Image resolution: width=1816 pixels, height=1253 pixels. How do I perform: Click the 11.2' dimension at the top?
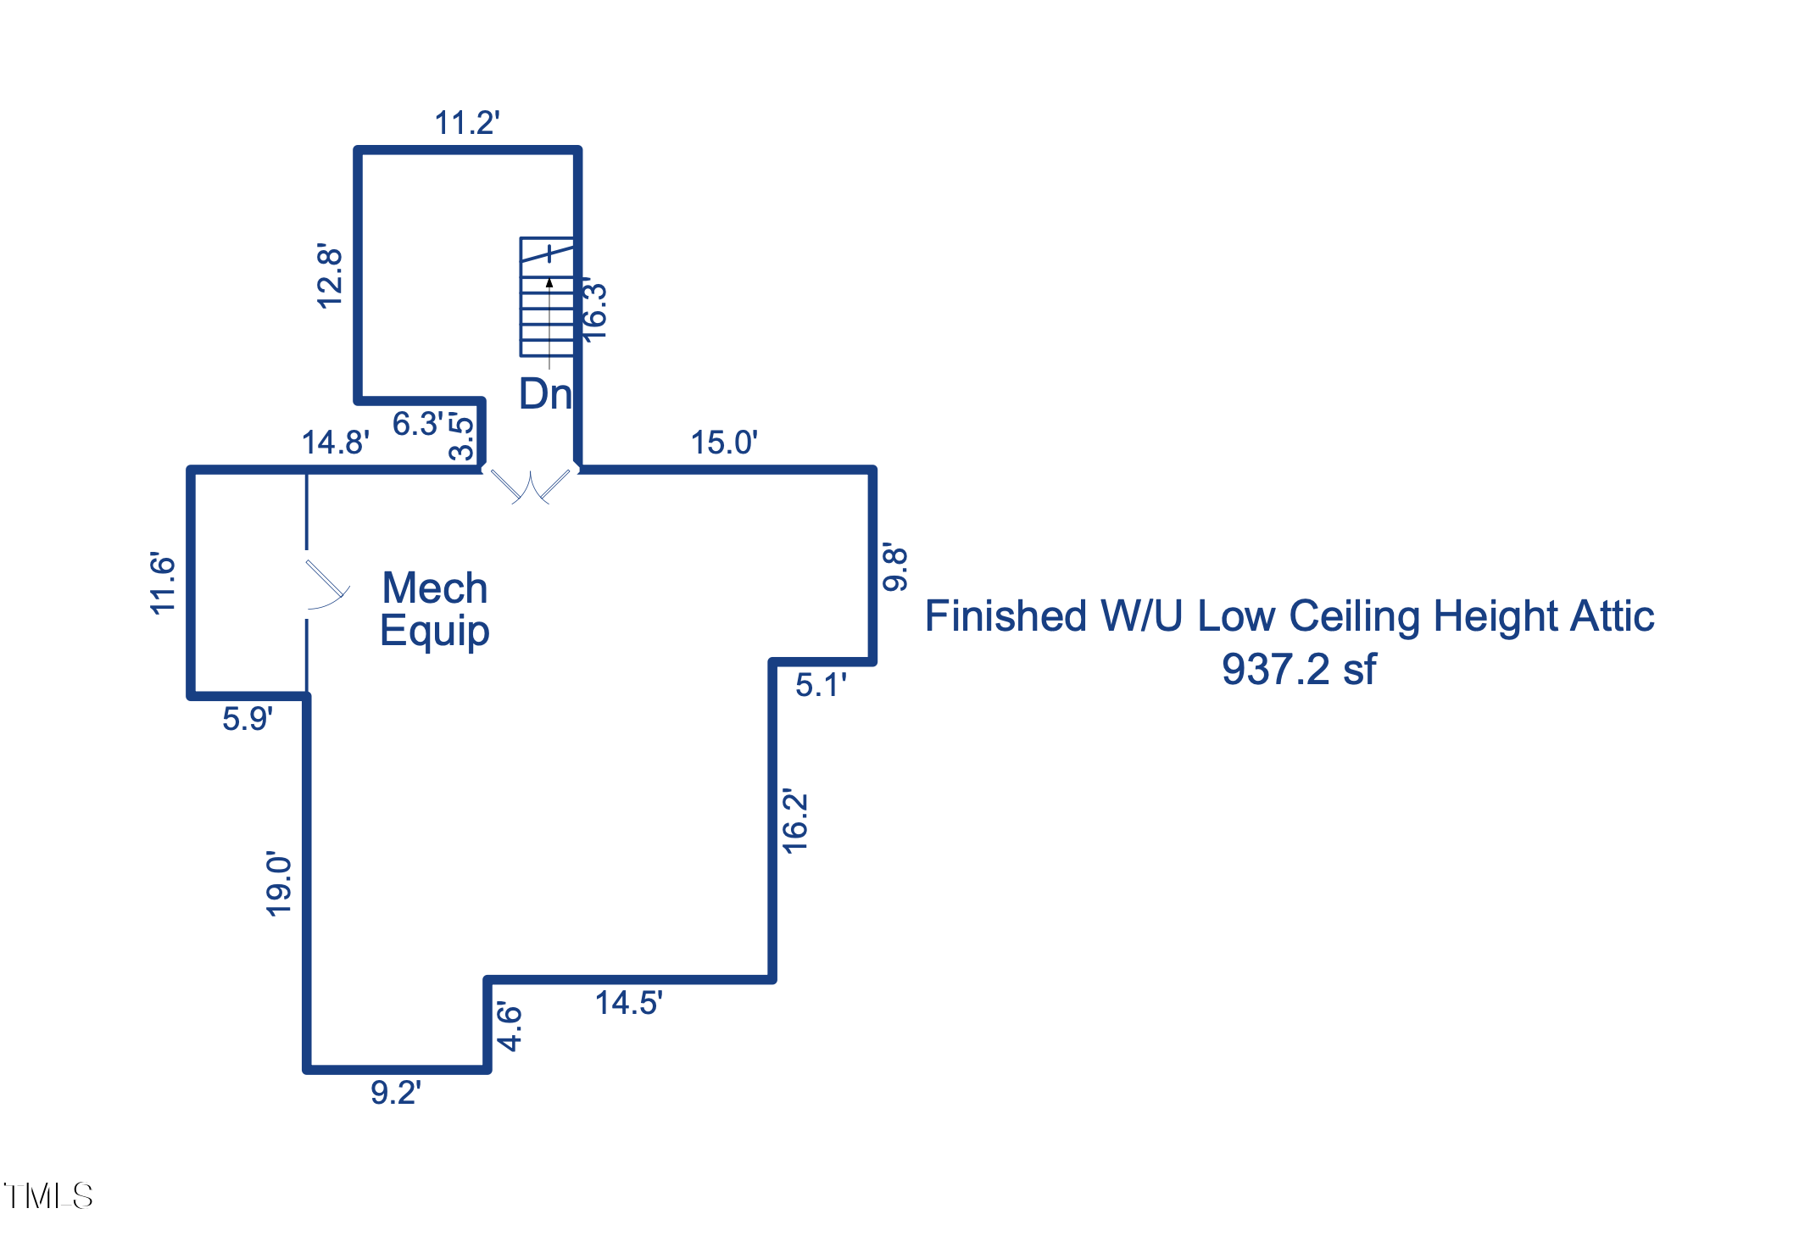[466, 124]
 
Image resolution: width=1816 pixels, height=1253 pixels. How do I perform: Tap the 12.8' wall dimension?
[330, 276]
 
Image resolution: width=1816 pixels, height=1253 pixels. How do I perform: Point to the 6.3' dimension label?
[417, 424]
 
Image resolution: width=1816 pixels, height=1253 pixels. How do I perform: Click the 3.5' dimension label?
[462, 436]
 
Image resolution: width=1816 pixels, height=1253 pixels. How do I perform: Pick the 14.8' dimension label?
[335, 443]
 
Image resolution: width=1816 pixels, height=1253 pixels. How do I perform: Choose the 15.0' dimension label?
[723, 443]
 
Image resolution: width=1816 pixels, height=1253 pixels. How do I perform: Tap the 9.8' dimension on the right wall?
[895, 567]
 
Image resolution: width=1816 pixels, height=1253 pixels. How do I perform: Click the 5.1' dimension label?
[820, 685]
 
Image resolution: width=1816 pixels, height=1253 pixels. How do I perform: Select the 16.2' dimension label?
[795, 821]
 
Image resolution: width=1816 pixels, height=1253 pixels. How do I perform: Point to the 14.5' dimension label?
[627, 1004]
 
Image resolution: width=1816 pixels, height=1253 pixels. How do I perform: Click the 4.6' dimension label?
[510, 1027]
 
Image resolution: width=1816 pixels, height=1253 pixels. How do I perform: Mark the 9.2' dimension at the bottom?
[395, 1093]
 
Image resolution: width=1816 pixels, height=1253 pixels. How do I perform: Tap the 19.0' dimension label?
[279, 884]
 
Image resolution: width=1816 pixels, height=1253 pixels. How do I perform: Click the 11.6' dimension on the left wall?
[162, 583]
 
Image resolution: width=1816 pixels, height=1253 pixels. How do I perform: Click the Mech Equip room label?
[434, 609]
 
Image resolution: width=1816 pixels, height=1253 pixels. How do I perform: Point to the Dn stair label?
[545, 394]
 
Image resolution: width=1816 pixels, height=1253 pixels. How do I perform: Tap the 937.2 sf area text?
[1298, 670]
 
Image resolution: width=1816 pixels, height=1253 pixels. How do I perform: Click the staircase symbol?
[547, 297]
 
